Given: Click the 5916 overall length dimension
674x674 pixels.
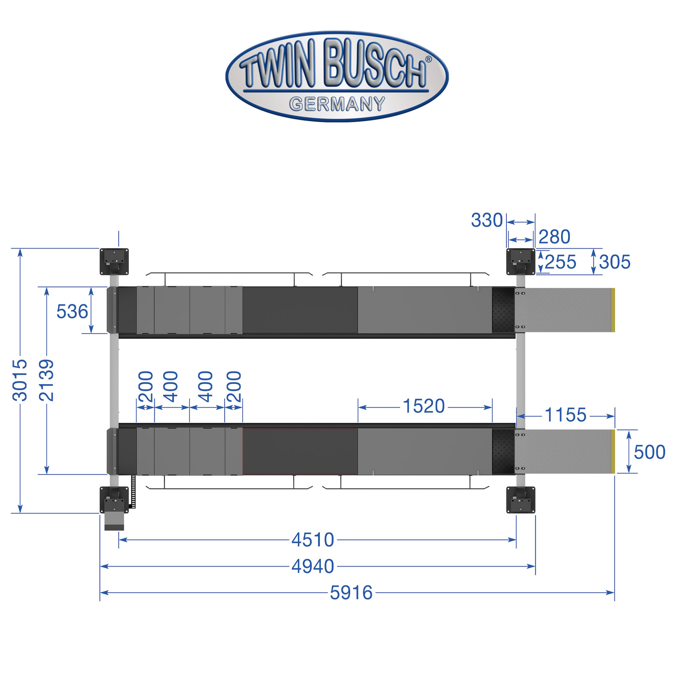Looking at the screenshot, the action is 351,593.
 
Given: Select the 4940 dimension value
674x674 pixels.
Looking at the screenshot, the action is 313,567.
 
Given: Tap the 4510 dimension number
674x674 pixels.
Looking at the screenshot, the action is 313,540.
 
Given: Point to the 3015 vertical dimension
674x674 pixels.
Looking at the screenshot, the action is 20,380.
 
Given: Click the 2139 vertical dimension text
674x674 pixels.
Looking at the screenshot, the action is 46,380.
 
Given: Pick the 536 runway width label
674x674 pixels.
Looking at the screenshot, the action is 72,312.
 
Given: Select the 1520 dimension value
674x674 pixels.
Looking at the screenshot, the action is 424,407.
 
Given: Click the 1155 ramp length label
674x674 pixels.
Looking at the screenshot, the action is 566,415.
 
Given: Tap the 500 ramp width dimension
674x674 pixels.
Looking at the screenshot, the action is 650,452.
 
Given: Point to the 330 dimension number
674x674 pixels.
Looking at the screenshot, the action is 487,220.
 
